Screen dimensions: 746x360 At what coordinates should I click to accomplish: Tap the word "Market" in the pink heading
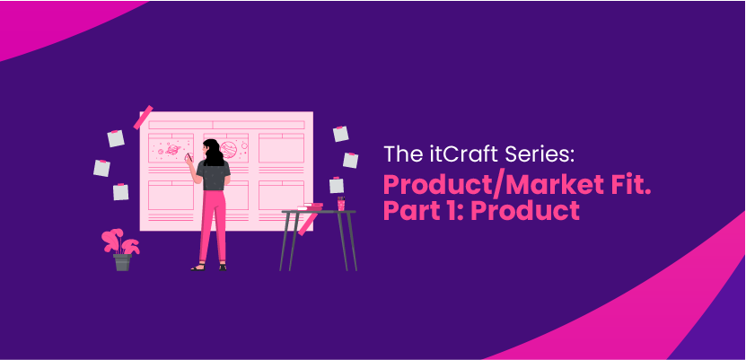[549, 186]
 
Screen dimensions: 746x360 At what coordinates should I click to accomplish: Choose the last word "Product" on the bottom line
[526, 211]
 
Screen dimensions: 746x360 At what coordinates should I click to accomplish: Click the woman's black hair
[213, 153]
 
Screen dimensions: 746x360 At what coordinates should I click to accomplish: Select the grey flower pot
[122, 262]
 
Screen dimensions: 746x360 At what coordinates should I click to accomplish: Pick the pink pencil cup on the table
[341, 203]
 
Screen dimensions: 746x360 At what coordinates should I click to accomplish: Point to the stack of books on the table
[310, 206]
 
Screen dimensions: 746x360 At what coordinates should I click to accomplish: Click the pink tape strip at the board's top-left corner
[144, 117]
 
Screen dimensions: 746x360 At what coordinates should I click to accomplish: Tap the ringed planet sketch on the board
[172, 150]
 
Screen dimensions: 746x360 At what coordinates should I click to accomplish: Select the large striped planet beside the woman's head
[229, 149]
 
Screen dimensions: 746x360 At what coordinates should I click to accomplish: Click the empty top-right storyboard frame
[281, 148]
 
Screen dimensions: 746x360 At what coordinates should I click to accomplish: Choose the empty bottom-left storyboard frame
[171, 195]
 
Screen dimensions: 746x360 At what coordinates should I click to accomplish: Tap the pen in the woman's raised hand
[189, 157]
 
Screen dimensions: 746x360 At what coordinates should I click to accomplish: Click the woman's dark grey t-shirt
[213, 175]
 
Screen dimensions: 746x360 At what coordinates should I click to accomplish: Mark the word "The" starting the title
[398, 154]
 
